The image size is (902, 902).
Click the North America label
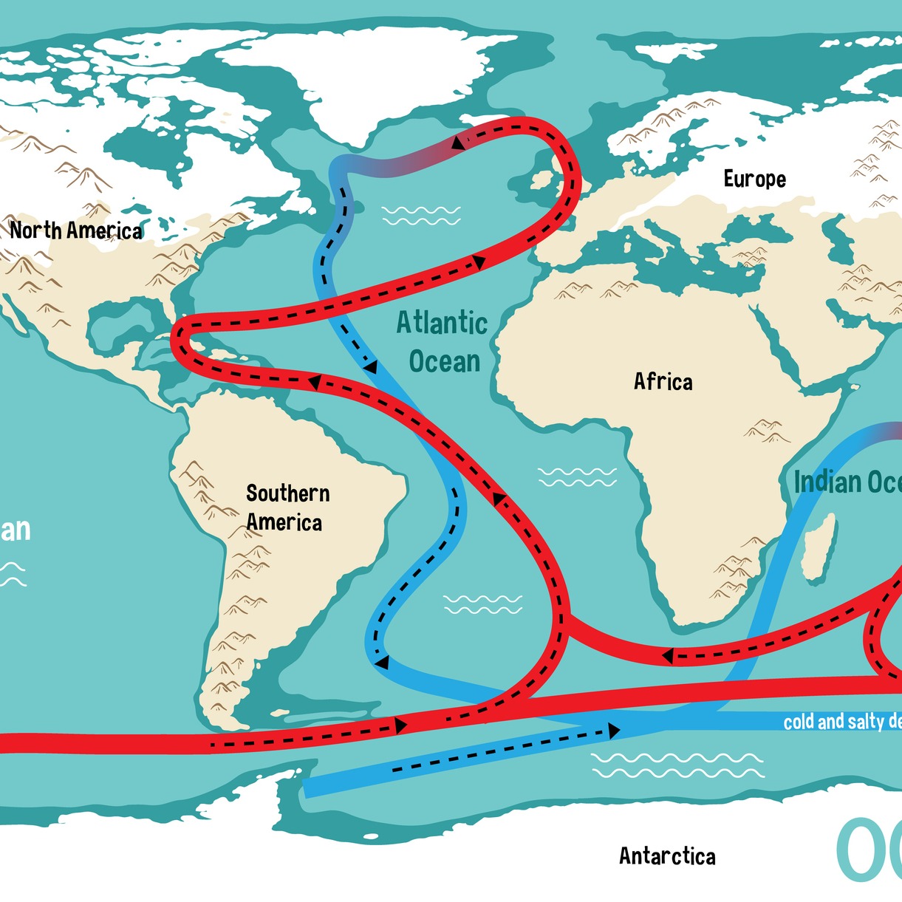click(x=76, y=230)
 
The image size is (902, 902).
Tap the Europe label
click(x=754, y=179)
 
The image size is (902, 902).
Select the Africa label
click(x=663, y=381)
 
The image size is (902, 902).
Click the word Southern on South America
click(x=287, y=493)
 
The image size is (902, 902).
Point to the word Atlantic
click(x=442, y=323)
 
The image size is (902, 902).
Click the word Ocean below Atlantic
click(x=445, y=361)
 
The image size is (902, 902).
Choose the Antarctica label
click(x=667, y=856)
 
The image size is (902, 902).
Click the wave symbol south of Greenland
click(x=421, y=216)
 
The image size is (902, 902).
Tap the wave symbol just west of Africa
click(x=577, y=477)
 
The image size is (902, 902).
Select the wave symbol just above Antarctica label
click(x=677, y=765)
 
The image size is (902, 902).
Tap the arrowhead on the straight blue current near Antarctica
click(x=613, y=731)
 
